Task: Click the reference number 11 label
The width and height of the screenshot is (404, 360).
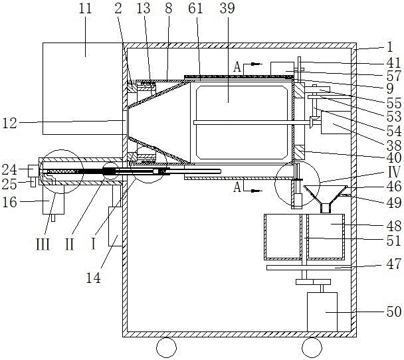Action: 85,9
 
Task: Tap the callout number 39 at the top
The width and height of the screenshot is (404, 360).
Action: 227,9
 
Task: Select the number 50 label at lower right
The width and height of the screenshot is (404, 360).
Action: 394,312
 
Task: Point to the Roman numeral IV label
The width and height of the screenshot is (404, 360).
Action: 394,172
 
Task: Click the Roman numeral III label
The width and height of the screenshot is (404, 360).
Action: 43,244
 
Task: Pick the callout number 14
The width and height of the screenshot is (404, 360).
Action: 93,278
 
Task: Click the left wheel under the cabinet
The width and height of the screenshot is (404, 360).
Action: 166,347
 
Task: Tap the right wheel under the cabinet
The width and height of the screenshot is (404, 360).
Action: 312,347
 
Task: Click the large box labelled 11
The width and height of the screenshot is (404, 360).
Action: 82,88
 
